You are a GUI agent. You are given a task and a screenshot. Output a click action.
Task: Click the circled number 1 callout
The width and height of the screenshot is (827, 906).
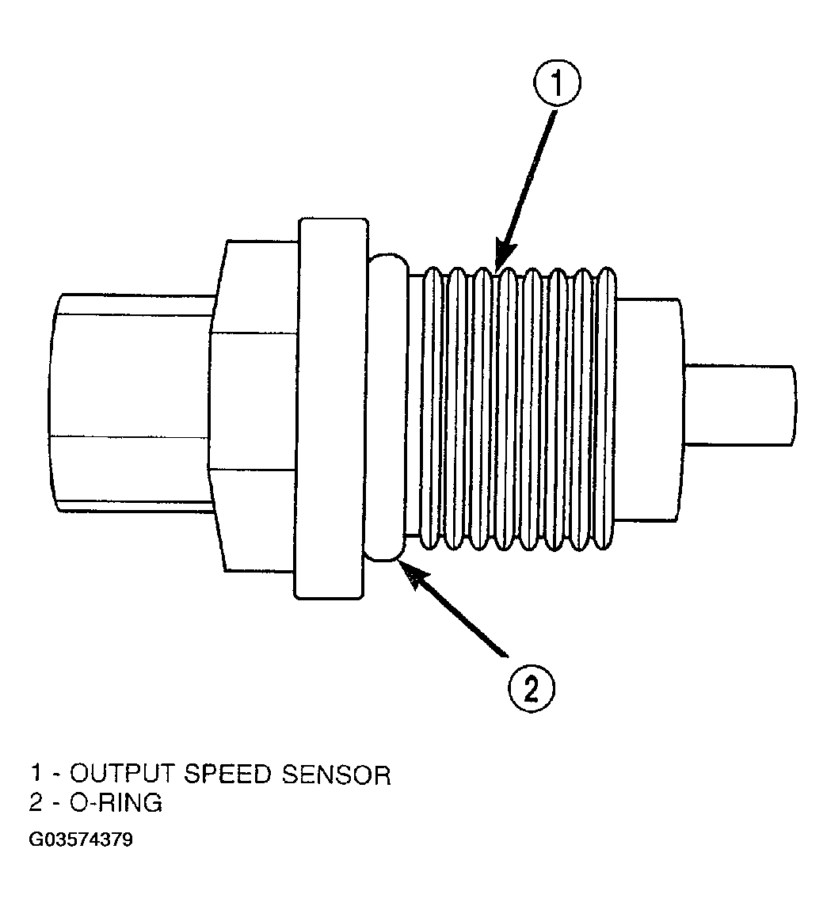557,85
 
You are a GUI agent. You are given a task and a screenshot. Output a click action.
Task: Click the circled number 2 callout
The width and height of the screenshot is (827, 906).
531,689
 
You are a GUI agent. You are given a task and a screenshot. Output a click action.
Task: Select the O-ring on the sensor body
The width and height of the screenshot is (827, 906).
386,406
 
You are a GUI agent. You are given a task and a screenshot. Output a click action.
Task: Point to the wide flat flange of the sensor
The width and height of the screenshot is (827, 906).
331,408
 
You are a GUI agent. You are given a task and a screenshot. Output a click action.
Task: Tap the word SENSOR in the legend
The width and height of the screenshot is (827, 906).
337,775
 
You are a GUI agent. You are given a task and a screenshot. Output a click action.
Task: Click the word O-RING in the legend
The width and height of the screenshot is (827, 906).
116,802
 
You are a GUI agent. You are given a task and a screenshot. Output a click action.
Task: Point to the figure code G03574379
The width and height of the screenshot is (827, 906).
81,839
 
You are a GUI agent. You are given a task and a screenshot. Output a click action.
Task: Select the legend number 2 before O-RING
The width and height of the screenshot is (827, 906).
36,802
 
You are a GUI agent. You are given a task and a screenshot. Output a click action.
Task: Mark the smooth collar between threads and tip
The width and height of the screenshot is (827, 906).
649,409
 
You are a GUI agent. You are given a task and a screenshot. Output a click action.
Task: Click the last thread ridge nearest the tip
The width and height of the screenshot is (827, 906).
605,408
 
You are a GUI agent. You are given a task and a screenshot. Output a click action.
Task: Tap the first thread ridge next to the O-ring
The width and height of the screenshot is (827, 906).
431,408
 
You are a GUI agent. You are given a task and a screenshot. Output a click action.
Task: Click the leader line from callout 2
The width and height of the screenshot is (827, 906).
456,613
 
